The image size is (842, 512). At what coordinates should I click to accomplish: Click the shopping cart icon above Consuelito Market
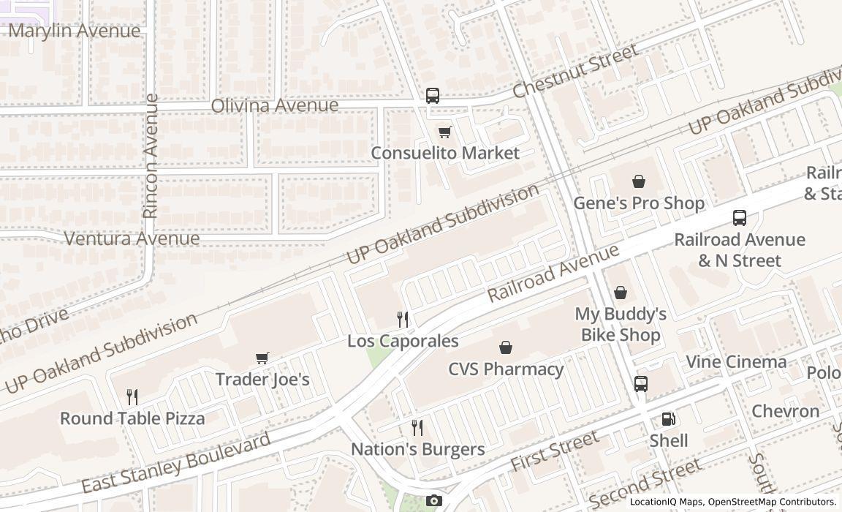(444, 132)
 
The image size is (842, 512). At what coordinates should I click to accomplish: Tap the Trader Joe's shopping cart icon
(262, 358)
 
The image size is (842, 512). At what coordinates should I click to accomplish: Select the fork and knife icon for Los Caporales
(403, 320)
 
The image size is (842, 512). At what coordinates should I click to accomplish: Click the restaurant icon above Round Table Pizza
(132, 397)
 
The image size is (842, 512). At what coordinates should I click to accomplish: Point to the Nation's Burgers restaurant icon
(417, 427)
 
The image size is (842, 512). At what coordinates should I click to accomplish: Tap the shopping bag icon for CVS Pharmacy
(505, 347)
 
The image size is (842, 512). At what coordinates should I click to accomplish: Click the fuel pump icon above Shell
(668, 419)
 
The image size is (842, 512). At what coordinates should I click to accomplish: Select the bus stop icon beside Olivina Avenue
(433, 96)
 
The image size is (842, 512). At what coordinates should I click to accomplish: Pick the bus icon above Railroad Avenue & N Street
(740, 218)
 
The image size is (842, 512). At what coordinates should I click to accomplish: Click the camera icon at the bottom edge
(434, 501)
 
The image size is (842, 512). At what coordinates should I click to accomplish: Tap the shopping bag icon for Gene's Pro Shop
(639, 181)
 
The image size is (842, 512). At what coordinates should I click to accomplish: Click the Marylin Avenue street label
(74, 31)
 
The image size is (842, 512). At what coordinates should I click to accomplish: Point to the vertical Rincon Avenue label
(151, 156)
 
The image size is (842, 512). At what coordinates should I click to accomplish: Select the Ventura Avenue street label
(132, 238)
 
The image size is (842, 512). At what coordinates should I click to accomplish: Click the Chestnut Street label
(575, 70)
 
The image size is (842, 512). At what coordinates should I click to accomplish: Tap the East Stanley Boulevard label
(175, 463)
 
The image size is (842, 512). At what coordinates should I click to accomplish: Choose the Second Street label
(645, 483)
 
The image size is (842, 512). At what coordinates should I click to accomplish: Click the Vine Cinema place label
(736, 362)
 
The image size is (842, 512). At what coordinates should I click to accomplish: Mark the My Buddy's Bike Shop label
(621, 324)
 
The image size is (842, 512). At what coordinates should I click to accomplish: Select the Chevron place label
(786, 411)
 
